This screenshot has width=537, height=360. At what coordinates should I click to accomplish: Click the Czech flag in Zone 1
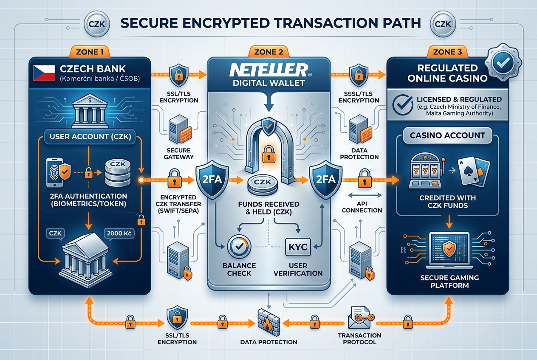point(44,73)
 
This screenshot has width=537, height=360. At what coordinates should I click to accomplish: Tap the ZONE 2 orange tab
point(268,52)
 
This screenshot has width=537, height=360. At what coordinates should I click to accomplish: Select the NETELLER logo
point(269,70)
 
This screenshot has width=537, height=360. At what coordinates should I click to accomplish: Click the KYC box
point(298,247)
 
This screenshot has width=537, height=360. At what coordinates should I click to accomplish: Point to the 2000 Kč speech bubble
point(119,233)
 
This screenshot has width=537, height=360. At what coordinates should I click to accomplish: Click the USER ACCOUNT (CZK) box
point(90,137)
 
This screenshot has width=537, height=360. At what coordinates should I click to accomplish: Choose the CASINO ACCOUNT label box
point(447,135)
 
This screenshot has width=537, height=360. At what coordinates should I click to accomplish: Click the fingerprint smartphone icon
point(55,172)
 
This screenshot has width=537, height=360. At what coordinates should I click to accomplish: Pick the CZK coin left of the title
point(96,24)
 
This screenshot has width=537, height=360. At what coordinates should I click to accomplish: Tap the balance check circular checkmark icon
point(239,247)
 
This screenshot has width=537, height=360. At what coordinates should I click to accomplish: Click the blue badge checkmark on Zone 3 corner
point(503,62)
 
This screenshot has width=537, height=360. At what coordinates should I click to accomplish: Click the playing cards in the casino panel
point(473,171)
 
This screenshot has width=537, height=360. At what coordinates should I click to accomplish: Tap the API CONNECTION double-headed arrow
point(365,195)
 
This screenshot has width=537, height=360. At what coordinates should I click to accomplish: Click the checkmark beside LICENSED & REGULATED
point(403,105)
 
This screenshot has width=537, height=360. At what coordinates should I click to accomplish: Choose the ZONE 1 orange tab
point(90,52)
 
